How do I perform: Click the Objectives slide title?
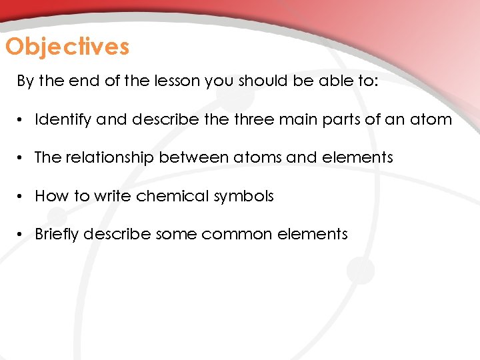pyautogui.click(x=67, y=47)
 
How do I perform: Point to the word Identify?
pyautogui.click(x=63, y=120)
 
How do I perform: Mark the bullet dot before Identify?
pyautogui.click(x=21, y=121)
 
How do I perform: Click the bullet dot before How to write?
pyautogui.click(x=21, y=197)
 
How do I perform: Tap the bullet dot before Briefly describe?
pyautogui.click(x=21, y=235)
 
